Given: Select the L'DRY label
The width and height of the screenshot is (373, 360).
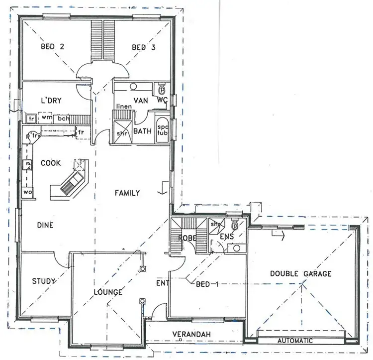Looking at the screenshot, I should [51, 101].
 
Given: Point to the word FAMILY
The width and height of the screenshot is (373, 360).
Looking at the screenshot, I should [127, 193].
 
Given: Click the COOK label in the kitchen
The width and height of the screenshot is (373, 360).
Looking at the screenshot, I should [51, 162].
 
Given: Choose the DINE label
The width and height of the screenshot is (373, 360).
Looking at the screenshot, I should [45, 225].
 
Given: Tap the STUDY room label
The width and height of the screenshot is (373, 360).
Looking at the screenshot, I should [44, 281].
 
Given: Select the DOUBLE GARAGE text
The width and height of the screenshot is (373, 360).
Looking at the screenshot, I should [300, 273].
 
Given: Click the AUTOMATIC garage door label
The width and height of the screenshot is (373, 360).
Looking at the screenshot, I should [296, 341].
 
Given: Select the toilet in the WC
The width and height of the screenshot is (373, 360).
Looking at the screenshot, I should [161, 90].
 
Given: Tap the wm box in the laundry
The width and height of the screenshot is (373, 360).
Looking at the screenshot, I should [46, 119].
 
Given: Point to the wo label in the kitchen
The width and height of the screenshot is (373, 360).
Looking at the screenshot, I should [26, 192].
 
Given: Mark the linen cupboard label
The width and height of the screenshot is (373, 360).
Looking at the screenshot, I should [123, 107].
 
